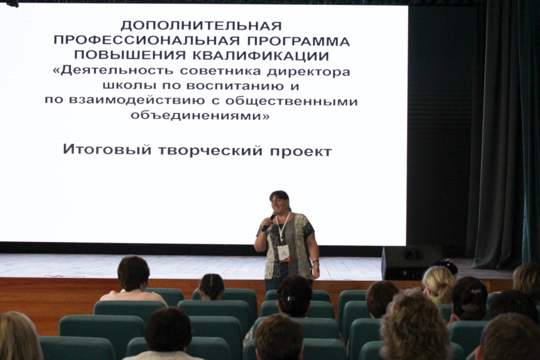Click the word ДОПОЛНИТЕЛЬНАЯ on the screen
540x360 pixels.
[201, 26]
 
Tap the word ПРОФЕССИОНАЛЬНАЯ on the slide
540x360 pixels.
[147, 41]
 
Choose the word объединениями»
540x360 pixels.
[200, 115]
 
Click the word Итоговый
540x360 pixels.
[107, 150]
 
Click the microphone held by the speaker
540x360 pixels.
[269, 221]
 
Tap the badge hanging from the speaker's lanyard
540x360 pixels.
[284, 254]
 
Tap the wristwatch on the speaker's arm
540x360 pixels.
[315, 264]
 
